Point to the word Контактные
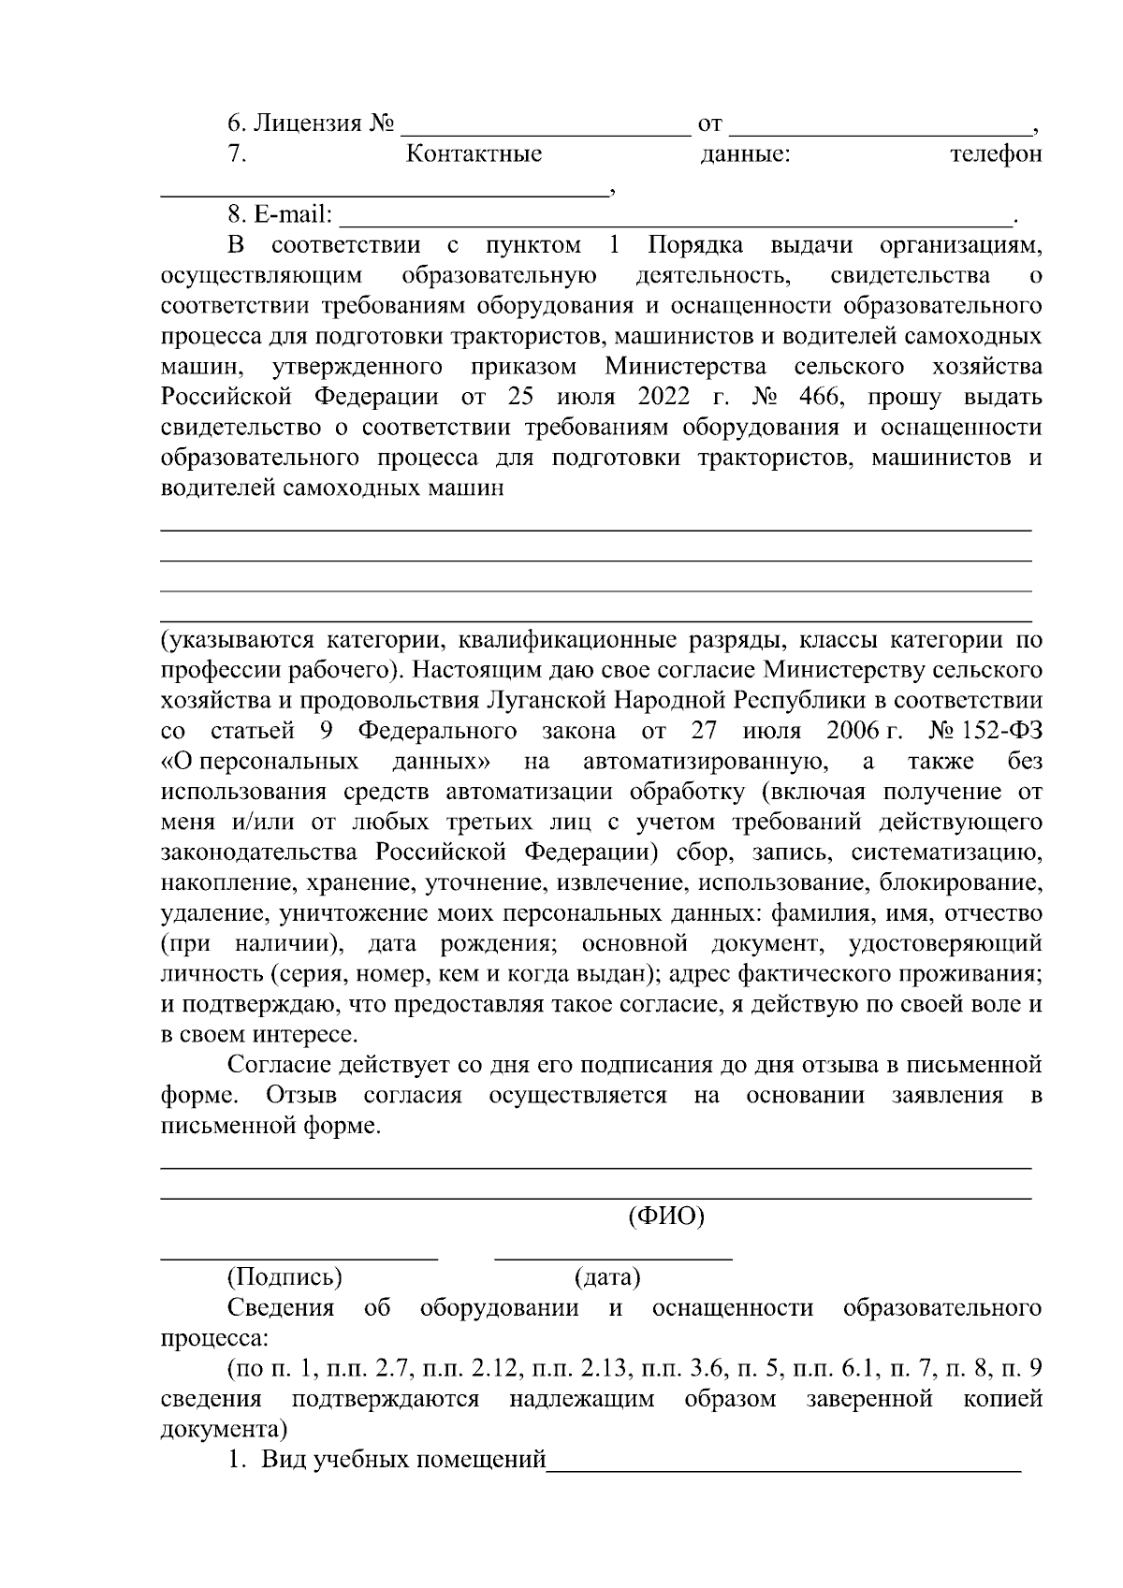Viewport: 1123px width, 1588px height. (474, 154)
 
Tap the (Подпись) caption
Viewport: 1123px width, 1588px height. (284, 1277)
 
